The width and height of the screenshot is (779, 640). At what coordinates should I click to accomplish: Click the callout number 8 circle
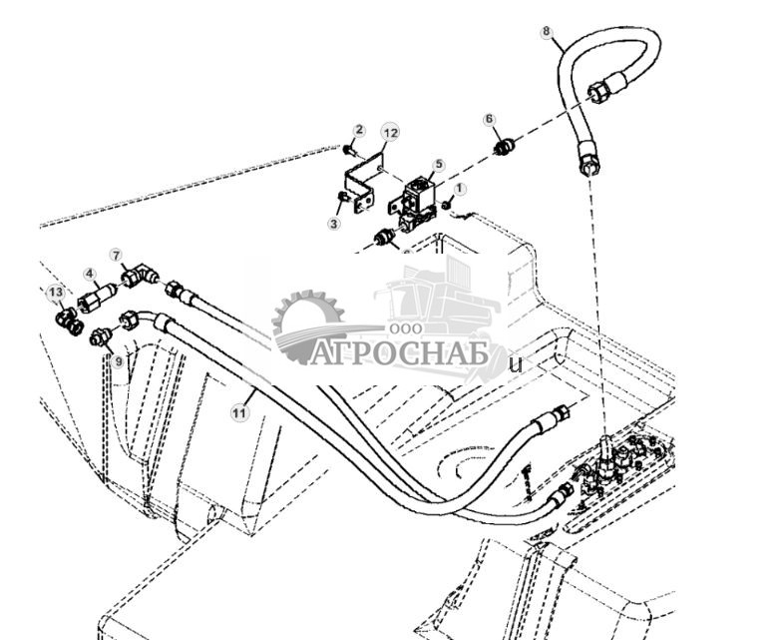click(x=546, y=31)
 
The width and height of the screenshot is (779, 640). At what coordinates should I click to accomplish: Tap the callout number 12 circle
click(x=390, y=133)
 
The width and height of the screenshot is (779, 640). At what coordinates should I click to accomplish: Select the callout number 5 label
click(x=439, y=164)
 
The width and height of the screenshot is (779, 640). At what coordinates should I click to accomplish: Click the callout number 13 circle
click(x=56, y=292)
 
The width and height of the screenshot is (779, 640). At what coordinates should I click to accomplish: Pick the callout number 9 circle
click(x=118, y=361)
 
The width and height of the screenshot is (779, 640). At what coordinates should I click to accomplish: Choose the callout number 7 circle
click(x=116, y=256)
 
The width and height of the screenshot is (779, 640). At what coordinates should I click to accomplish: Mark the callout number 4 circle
click(x=89, y=273)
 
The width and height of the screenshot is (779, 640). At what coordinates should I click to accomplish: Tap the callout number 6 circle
click(x=489, y=120)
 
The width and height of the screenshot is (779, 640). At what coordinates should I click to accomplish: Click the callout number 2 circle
click(x=359, y=131)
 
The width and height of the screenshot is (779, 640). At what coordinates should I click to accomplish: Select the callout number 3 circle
click(x=334, y=224)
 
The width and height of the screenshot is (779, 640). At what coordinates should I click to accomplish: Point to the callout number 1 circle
click(x=460, y=188)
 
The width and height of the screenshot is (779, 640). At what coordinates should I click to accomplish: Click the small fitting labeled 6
click(x=505, y=149)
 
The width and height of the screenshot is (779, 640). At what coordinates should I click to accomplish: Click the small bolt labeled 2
click(x=346, y=150)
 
